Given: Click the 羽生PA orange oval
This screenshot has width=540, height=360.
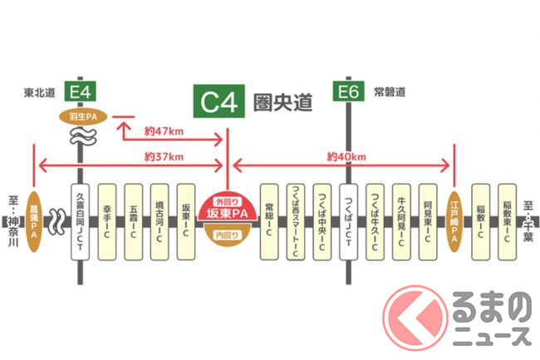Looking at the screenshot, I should point(80,116).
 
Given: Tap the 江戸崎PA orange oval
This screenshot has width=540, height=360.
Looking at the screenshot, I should point(454,220).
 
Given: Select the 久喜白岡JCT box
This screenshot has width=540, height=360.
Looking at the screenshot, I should point(80,220).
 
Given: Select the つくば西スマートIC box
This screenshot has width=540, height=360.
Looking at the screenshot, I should point(295,220).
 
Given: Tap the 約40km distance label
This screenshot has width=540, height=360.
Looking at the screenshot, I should point(345,156).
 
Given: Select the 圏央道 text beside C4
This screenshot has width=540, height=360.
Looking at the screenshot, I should point(283,103).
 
